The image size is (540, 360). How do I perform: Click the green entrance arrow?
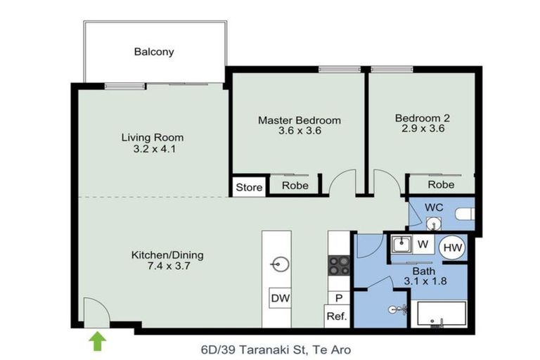coord(98,341)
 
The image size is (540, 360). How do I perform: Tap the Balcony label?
coord(154,52)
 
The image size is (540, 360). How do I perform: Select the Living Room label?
coord(153,137)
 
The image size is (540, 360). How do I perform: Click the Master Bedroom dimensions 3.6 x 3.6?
coord(299,131)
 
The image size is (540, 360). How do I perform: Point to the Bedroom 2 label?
coord(422,118)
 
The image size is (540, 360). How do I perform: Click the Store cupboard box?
coord(248,187)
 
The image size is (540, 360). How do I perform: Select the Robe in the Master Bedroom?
coord(294,186)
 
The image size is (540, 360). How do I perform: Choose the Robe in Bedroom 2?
coord(441,185)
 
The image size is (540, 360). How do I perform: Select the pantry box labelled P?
coord(337,298)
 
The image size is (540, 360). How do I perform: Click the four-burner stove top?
coord(339,265)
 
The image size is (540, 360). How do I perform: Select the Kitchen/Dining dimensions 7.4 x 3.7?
coord(157,266)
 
